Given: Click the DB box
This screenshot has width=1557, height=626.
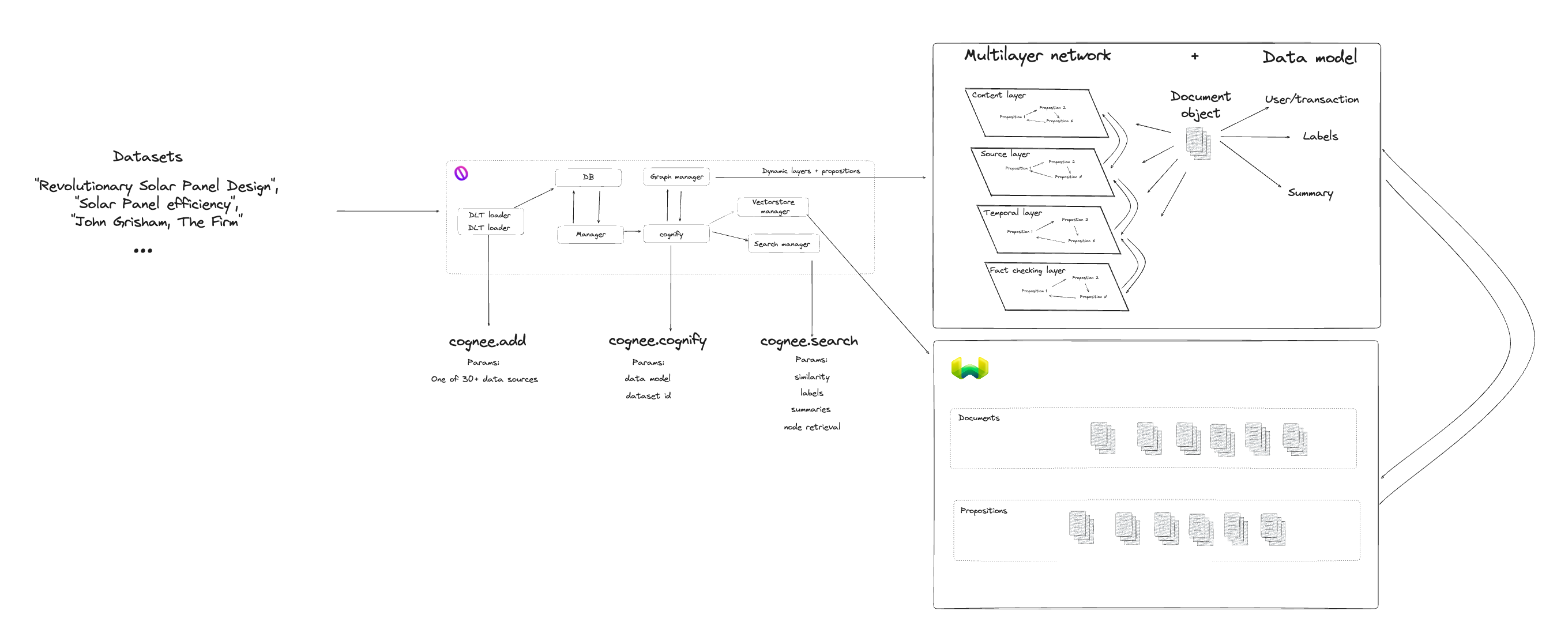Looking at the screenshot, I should click(x=588, y=177).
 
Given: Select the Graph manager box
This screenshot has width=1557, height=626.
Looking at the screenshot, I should click(x=676, y=176).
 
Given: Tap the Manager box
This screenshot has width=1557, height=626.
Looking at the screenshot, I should click(x=590, y=235).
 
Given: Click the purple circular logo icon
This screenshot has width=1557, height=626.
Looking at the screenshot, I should click(x=461, y=174).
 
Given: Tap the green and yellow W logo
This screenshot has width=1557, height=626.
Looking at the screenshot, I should click(x=969, y=368).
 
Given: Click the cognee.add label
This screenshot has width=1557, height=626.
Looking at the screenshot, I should click(x=487, y=341).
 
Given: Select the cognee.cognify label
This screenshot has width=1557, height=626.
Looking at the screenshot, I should click(x=657, y=341).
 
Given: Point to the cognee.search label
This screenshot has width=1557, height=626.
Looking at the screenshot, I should click(x=808, y=341).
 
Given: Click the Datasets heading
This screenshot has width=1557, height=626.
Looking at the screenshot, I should click(x=148, y=157).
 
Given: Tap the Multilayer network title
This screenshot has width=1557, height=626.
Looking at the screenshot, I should click(x=1037, y=55).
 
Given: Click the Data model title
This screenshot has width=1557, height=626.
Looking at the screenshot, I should click(x=1309, y=58).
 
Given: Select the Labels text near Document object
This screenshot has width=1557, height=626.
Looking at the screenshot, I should click(x=1320, y=137).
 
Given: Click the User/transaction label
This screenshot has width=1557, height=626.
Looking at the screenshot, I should click(x=1311, y=100).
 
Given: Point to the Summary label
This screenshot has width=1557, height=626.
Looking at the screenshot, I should click(x=1310, y=193).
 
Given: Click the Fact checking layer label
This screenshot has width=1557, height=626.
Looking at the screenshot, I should click(x=1027, y=271).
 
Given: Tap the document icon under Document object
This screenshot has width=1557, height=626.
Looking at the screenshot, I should click(x=1197, y=143).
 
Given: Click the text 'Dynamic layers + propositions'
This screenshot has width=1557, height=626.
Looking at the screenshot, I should click(x=811, y=171).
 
